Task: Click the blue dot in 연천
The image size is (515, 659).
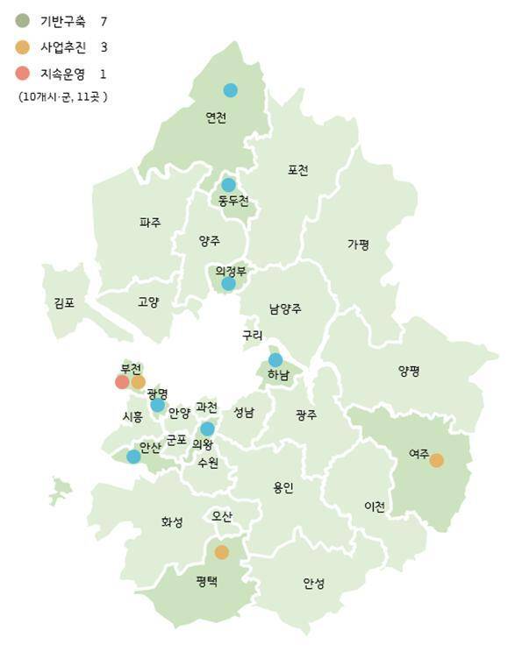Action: tap(230, 89)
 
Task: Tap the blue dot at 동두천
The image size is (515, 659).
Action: tap(229, 185)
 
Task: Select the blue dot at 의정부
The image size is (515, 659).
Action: tap(228, 283)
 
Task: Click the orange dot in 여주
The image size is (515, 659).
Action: tap(436, 460)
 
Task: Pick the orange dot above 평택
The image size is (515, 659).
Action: tap(222, 552)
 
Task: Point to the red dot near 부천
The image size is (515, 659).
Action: tap(122, 381)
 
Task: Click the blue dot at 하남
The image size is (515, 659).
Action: tap(275, 359)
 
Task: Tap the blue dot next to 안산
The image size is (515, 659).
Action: tap(133, 456)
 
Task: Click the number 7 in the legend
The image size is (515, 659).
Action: tap(104, 19)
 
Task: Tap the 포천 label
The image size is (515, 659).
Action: tap(297, 170)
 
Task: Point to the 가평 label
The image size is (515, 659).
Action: tap(358, 244)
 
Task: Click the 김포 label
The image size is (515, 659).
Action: tap(64, 302)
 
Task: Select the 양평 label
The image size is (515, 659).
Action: tap(409, 371)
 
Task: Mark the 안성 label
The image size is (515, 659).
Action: tap(313, 582)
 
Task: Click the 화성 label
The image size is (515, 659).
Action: tap(172, 521)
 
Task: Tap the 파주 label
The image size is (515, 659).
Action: tap(150, 223)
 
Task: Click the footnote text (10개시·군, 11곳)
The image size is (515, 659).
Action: tap(62, 96)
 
